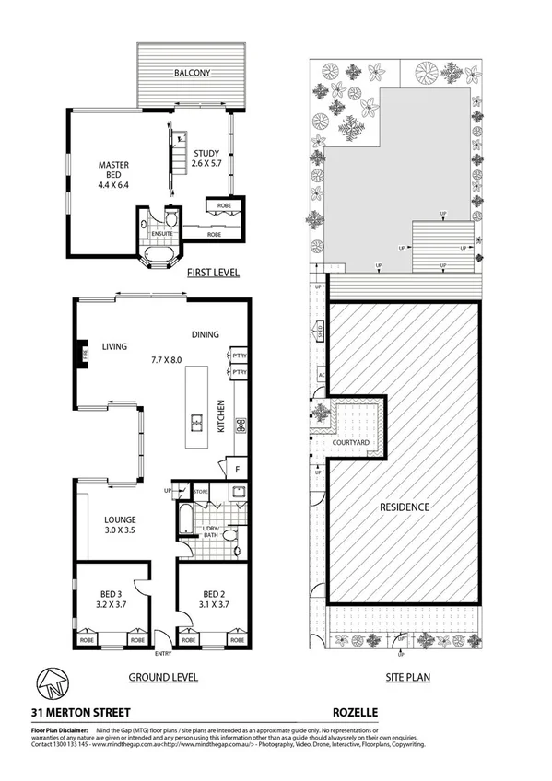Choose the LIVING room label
point(114,347)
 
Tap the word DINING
point(205,334)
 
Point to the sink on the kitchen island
point(196,424)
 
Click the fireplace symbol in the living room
point(80,354)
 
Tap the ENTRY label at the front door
point(164,655)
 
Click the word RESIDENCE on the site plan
point(405,507)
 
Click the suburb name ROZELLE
point(356,712)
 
